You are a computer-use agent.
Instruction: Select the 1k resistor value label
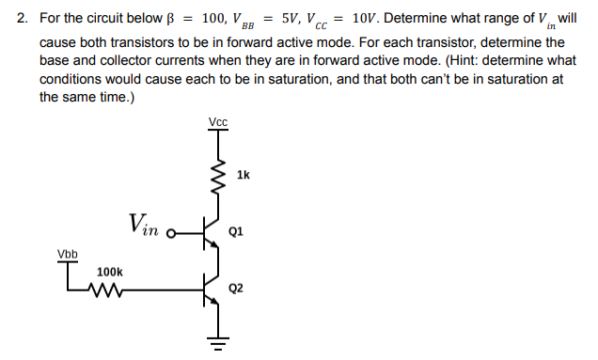point(244,174)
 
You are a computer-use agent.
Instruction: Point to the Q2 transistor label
point(236,288)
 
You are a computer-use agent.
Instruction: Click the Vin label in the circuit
point(144,224)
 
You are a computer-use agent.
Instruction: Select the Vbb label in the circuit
point(68,254)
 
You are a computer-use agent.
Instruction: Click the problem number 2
point(22,18)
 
